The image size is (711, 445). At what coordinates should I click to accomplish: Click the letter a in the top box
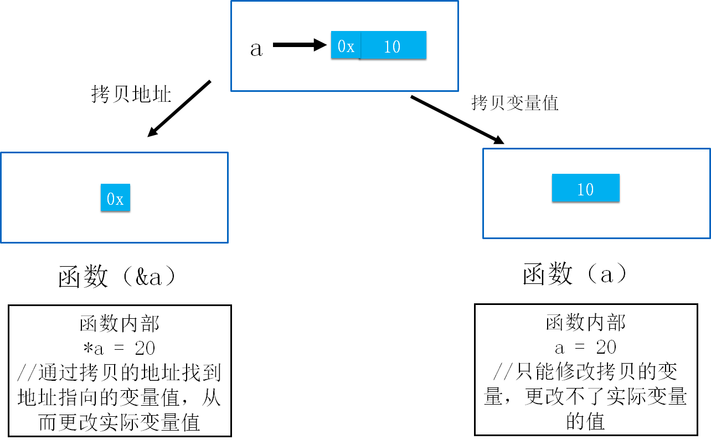click(256, 49)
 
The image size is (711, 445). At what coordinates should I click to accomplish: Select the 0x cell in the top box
click(346, 46)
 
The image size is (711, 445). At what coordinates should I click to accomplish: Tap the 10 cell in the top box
click(392, 46)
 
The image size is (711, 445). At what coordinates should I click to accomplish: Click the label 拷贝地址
click(131, 94)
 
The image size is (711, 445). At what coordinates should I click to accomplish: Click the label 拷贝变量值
click(514, 103)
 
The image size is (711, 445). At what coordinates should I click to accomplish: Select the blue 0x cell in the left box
click(115, 198)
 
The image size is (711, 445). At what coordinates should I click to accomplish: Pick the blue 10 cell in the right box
click(585, 189)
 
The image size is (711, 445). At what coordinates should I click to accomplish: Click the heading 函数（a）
click(577, 274)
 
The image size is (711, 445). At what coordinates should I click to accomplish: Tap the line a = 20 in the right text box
click(585, 348)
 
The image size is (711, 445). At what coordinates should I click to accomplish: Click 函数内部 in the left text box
click(120, 324)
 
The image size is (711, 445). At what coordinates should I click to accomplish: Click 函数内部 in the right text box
click(585, 323)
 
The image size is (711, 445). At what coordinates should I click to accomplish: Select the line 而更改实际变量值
click(119, 422)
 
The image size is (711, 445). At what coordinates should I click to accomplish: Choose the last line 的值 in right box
click(585, 422)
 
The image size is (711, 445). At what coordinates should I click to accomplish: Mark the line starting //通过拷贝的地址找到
click(119, 373)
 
